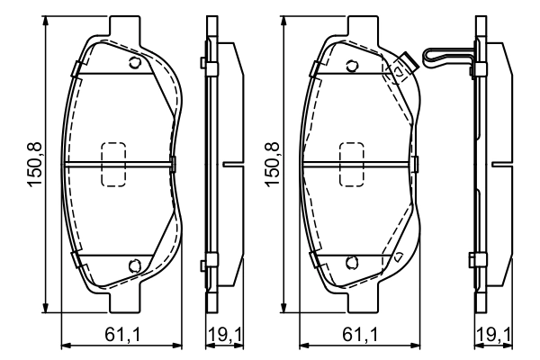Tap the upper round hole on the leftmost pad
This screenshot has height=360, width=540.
coord(135,63)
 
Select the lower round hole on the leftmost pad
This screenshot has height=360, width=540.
coord(135,265)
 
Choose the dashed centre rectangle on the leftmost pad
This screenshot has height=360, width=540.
coord(113,164)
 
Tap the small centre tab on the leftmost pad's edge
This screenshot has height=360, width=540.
coord(173,164)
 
